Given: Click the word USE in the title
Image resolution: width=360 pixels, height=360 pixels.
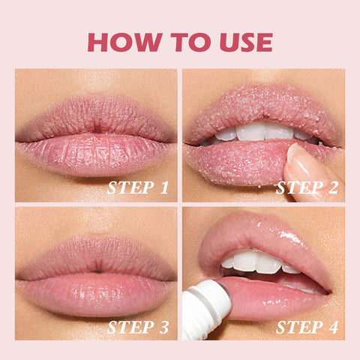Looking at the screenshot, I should pos(241,42).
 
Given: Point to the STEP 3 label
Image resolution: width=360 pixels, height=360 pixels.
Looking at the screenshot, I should pos(137,326).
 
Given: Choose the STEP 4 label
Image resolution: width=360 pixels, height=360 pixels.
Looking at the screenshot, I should pos(305,326).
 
